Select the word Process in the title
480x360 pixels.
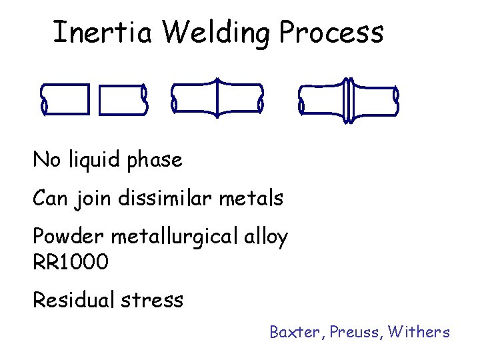pyautogui.click(x=332, y=32)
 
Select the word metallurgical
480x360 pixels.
pyautogui.click(x=175, y=237)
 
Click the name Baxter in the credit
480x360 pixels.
pyautogui.click(x=293, y=331)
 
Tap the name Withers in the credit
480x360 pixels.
pyautogui.click(x=419, y=331)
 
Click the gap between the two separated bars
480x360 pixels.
pyautogui.click(x=93, y=100)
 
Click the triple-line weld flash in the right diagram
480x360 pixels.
pyautogui.click(x=347, y=100)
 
